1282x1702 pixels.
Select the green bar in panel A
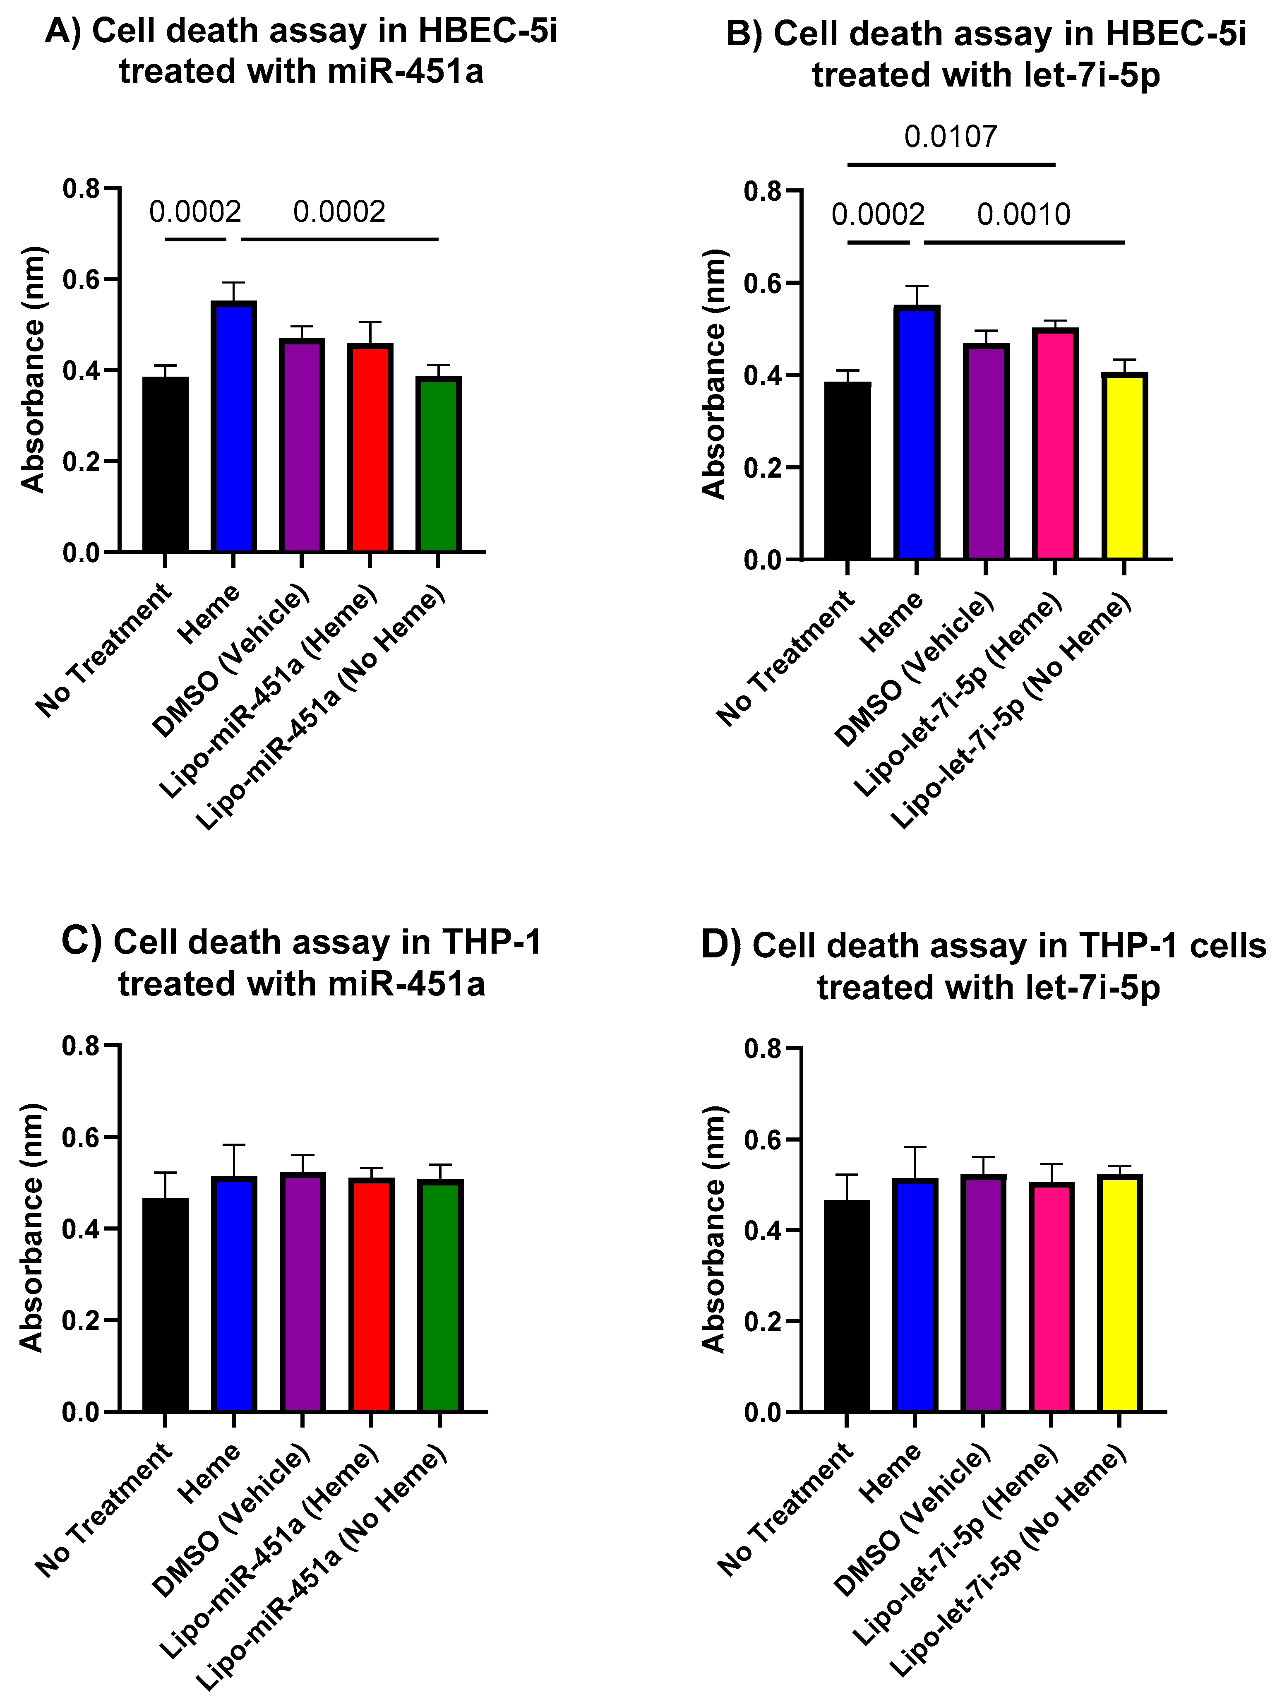click(x=438, y=464)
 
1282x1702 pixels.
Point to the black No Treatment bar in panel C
click(x=165, y=1305)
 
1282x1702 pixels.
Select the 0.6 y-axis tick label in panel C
click(x=82, y=1137)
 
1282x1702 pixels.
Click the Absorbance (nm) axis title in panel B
click(x=714, y=375)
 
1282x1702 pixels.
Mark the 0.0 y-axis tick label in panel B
click(x=762, y=559)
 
